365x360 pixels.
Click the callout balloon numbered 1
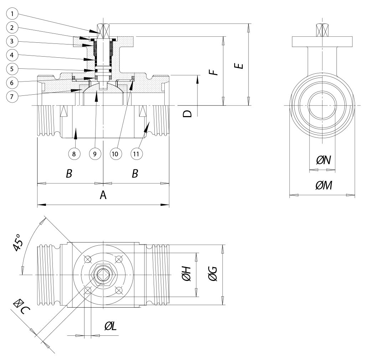12,15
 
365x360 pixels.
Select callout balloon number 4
12,55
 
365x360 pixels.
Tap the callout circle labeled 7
12,96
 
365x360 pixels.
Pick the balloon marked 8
74,154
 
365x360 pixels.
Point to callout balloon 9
95,154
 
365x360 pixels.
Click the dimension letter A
103,195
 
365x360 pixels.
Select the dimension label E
241,65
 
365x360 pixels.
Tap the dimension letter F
213,72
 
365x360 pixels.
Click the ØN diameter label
324,161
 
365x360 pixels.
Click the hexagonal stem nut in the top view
103,275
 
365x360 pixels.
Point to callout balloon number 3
12,42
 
